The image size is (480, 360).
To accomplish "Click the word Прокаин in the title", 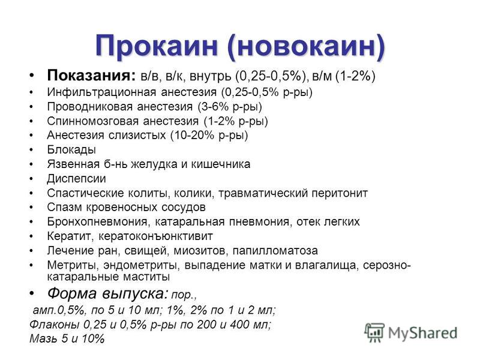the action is (157, 46).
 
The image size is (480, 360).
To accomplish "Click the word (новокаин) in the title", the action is (306, 47).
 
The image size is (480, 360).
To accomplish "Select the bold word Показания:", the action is (91, 76).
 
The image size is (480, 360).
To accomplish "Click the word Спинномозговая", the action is (92, 121).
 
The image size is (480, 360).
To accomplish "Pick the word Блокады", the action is (71, 149).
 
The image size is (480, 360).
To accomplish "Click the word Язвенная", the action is (73, 164).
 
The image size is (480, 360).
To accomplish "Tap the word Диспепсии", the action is (77, 178).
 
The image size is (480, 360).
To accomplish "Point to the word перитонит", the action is (340, 193).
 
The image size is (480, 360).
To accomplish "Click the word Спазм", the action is (65, 207).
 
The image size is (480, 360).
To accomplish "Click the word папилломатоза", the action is (275, 251).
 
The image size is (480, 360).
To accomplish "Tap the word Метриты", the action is (73, 265).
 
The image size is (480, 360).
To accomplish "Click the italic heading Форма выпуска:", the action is (108, 293).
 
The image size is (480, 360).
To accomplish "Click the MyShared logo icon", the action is (374, 332).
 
